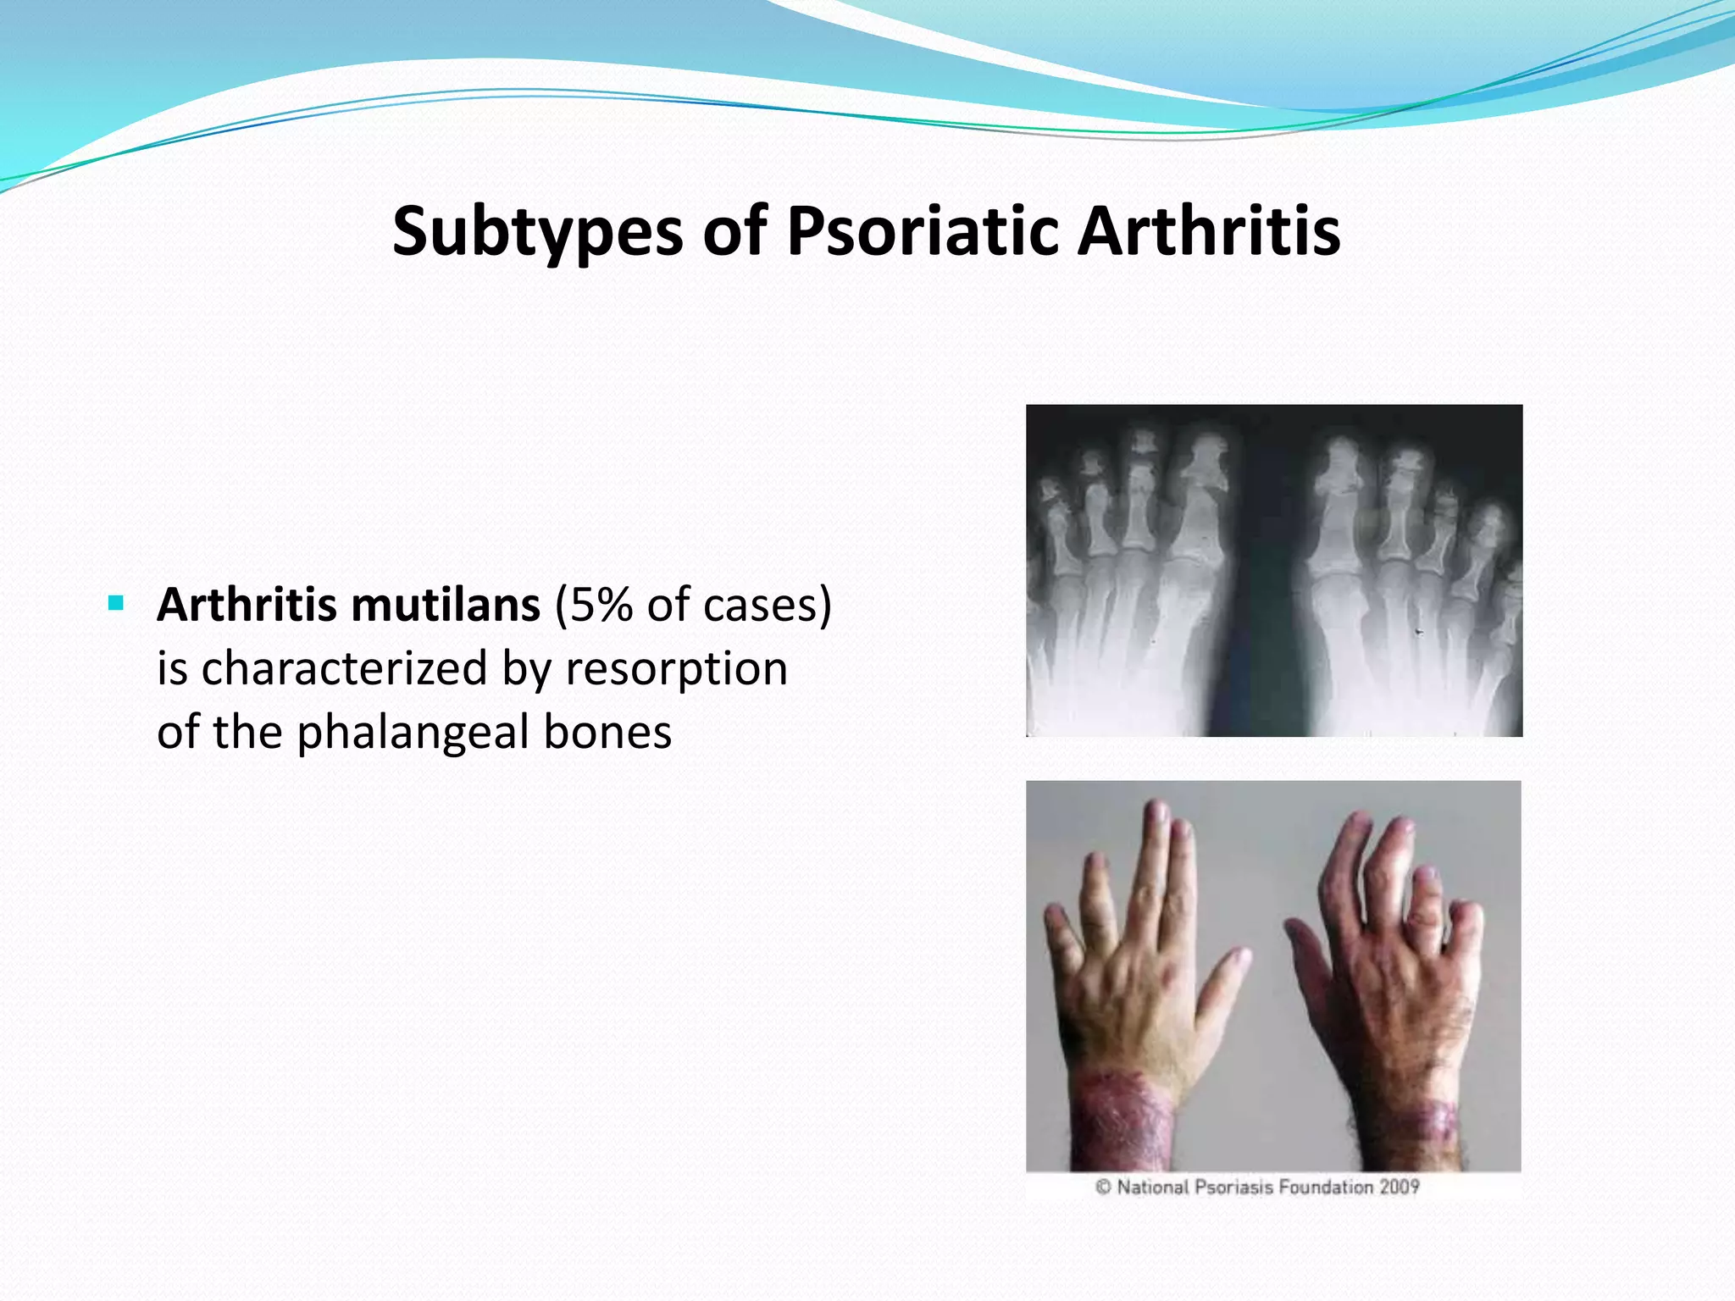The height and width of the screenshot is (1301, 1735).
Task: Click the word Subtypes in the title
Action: (537, 231)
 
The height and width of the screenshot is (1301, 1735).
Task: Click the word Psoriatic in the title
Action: (923, 231)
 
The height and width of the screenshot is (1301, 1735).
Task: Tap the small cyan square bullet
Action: (116, 604)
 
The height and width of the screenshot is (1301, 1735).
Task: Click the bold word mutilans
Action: (446, 605)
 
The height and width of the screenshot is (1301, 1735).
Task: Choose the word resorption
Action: (676, 669)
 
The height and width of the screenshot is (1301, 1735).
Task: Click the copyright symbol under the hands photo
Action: (1102, 1187)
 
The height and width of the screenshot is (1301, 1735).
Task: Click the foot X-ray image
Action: (1273, 570)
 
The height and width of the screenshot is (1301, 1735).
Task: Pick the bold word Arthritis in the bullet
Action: (248, 605)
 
